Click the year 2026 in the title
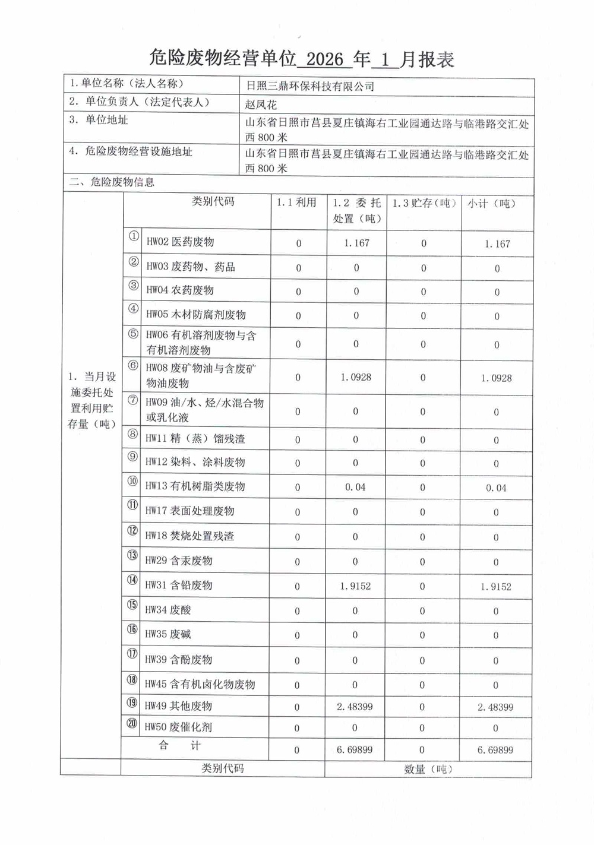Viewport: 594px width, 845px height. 326,59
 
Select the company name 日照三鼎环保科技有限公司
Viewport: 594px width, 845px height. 310,87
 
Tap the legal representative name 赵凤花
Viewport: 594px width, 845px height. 261,105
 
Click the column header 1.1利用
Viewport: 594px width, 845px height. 296,202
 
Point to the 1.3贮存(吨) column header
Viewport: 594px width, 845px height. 424,203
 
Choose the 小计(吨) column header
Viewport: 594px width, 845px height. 491,204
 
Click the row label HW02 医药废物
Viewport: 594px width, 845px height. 180,242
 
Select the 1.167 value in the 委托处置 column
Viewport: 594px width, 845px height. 356,243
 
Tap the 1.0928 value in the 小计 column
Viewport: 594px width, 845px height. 496,378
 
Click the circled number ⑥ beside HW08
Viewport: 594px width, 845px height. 133,366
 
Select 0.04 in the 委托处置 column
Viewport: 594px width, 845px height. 355,488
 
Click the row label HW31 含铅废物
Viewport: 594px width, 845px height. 179,586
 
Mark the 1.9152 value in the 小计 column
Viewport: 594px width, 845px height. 495,587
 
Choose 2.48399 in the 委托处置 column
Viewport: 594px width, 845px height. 355,707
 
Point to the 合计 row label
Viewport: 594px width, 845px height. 179,746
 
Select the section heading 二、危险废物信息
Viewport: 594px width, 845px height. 112,183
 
